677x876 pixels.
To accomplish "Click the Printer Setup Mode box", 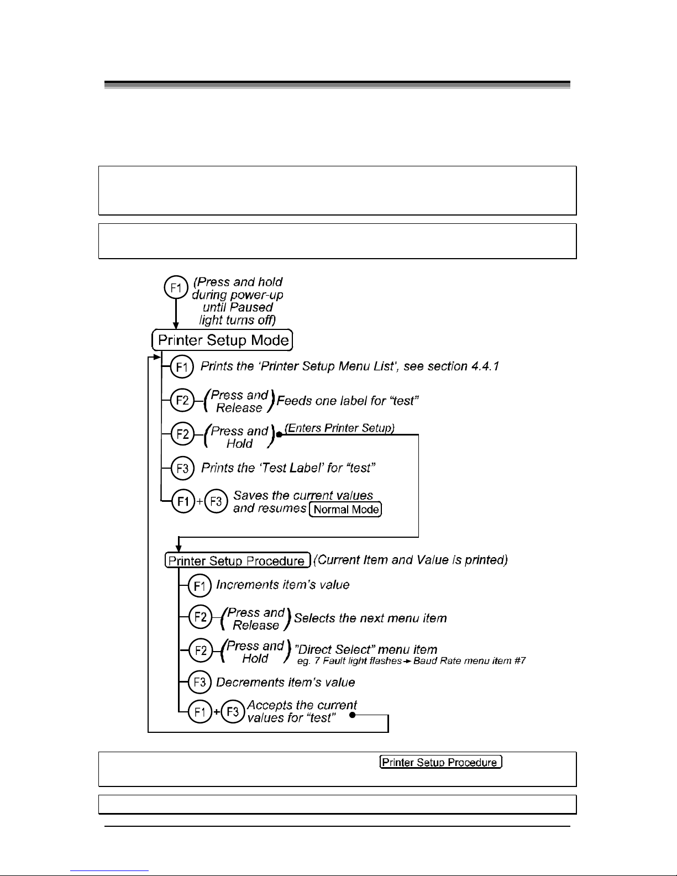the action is coord(222,340).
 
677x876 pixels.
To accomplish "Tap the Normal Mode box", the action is coord(345,509).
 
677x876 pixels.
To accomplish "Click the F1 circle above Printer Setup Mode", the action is coord(176,287).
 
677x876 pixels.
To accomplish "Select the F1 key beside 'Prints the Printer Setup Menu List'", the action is coord(182,366).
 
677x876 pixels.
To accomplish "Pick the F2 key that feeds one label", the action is coord(182,400).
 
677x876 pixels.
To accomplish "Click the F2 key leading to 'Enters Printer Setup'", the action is coord(182,434).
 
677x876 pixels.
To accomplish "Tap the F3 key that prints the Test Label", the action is coord(182,468).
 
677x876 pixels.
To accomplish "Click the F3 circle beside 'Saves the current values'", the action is coord(216,501).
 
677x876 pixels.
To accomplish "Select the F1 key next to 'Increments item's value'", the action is coord(200,585).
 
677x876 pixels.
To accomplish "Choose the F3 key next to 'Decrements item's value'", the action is coord(200,682).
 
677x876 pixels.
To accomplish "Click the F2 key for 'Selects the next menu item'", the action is coord(200,617).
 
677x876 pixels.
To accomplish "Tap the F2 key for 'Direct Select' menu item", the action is coord(200,651).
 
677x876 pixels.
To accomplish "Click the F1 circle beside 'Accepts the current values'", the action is coord(200,711).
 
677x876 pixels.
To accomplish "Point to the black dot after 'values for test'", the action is coord(352,715).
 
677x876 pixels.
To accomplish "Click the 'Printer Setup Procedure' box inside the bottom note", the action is coord(441,762).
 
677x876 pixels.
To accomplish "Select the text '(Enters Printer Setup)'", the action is coord(339,428).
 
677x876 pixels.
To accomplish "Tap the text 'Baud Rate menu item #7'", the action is coord(469,660).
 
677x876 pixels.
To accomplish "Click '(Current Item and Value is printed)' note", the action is coord(411,559).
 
